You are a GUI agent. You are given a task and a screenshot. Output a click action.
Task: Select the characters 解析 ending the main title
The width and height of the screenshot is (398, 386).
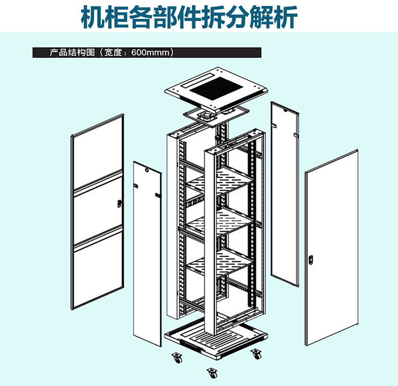274,17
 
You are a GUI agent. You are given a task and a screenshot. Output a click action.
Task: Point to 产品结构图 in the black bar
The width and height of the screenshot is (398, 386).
72,53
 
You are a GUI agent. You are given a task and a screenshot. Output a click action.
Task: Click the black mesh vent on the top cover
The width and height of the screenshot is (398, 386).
217,89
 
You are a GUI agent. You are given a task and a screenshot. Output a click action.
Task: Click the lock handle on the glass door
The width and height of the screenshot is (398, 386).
119,203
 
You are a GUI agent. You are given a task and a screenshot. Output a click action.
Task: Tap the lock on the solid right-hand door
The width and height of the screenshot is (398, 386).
310,260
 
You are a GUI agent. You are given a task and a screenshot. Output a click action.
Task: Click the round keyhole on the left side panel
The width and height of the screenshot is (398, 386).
146,170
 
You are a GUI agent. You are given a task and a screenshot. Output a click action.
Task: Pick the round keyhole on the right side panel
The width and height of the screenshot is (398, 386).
285,110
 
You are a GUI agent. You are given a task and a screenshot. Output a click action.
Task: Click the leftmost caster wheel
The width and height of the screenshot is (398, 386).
177,357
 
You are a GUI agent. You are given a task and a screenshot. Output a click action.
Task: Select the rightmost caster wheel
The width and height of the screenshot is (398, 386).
256,354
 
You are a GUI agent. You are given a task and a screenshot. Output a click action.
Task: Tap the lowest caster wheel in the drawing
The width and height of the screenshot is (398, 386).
213,373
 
